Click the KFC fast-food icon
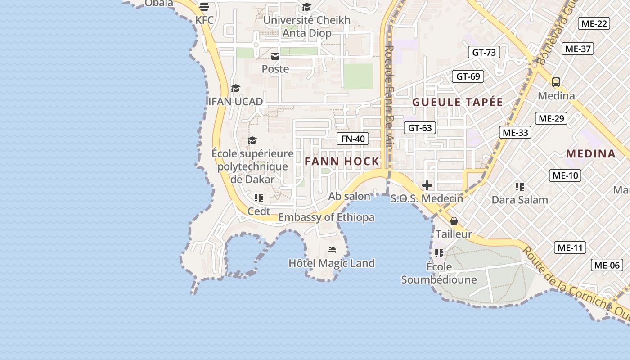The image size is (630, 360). pyautogui.click(x=204, y=7)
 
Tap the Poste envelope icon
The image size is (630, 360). pyautogui.click(x=275, y=56)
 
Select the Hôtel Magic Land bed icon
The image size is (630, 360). pyautogui.click(x=332, y=250)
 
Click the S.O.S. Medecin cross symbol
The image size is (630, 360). pyautogui.click(x=427, y=185)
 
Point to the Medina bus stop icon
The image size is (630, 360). pyautogui.click(x=556, y=82)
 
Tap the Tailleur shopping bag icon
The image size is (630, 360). pyautogui.click(x=454, y=221)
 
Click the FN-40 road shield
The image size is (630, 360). pyautogui.click(x=353, y=139)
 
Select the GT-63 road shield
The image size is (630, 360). pyautogui.click(x=420, y=128)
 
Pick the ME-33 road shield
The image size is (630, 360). pyautogui.click(x=515, y=132)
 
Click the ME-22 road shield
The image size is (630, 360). pyautogui.click(x=594, y=23)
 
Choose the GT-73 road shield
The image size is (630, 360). pyautogui.click(x=484, y=52)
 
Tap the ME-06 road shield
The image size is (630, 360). pyautogui.click(x=607, y=265)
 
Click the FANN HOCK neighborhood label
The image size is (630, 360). pyautogui.click(x=342, y=161)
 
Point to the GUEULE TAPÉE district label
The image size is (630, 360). pyautogui.click(x=457, y=102)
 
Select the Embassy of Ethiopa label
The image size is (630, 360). pyautogui.click(x=326, y=217)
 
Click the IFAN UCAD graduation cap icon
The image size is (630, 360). pyautogui.click(x=235, y=88)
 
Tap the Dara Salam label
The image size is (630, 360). pyautogui.click(x=520, y=200)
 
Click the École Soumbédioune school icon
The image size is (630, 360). pyautogui.click(x=439, y=253)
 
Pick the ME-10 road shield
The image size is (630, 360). pyautogui.click(x=565, y=175)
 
